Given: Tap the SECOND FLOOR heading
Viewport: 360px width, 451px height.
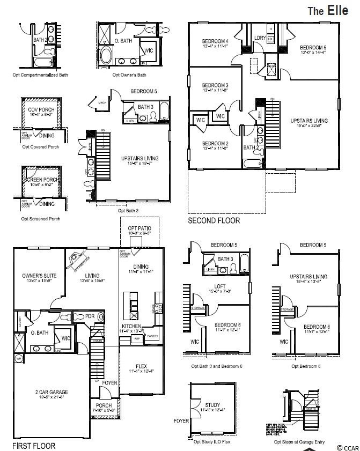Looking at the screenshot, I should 214,220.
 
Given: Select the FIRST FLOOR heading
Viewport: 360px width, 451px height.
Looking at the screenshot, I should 33,446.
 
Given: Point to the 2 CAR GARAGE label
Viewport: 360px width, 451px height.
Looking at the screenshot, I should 48,392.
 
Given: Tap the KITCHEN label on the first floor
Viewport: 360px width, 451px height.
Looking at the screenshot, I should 131,326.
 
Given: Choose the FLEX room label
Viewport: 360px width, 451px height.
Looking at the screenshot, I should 141,366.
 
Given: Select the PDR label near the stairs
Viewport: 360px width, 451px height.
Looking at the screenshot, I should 90,316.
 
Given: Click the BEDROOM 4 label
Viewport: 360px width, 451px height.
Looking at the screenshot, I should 215,41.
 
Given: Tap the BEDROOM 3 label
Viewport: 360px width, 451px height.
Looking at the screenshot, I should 215,85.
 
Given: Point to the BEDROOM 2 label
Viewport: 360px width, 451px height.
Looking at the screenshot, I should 215,143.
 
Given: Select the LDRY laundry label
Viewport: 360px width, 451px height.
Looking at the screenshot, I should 260,38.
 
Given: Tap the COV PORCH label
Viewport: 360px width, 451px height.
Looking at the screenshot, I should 40,109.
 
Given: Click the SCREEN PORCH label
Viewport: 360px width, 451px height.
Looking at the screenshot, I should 40,179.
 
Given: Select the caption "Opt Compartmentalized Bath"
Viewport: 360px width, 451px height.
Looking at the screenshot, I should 41,75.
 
